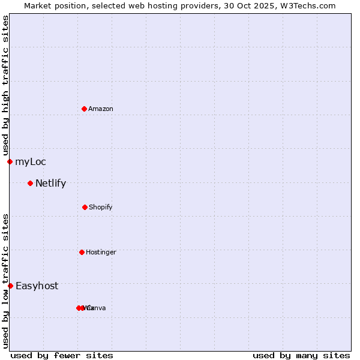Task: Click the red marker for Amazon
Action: point(84,109)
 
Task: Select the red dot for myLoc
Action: point(10,161)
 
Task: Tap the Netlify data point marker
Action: point(30,183)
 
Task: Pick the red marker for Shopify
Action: point(85,207)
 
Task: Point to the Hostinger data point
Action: point(82,252)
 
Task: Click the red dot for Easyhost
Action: point(10,286)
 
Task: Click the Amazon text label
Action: point(101,109)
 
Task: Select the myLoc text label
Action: point(31,161)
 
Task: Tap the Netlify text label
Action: point(51,183)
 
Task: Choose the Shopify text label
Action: point(101,207)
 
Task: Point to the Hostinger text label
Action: point(101,252)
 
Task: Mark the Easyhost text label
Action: point(37,286)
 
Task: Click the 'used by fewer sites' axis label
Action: point(62,355)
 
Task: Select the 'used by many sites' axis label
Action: point(301,355)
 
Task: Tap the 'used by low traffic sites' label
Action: point(5,281)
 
